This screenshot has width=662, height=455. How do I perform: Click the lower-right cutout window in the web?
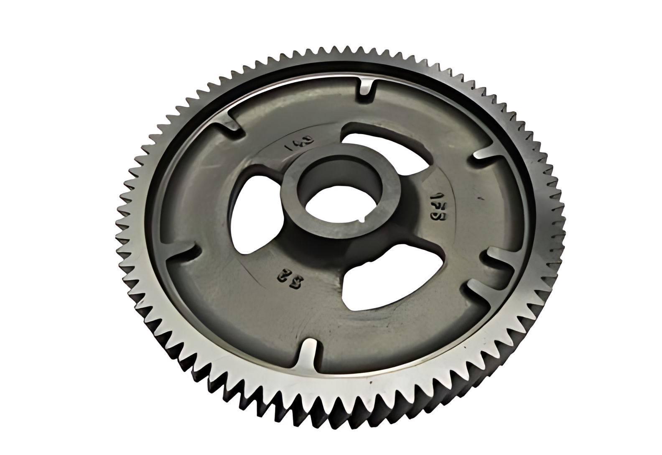(372, 284)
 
